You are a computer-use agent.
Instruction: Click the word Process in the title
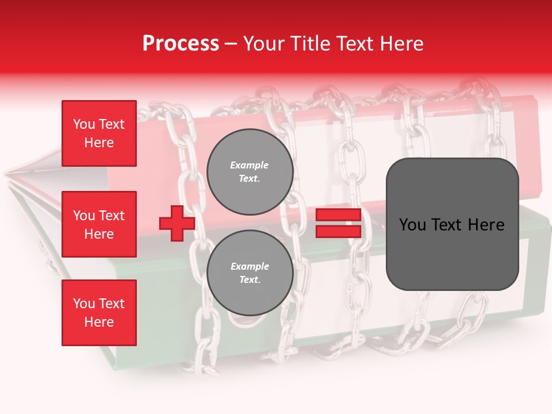(181, 44)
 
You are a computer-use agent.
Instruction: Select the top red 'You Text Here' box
(99, 133)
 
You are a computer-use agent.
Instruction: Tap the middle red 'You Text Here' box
(99, 224)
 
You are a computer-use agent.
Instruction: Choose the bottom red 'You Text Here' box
(99, 313)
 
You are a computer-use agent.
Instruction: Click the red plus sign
(177, 223)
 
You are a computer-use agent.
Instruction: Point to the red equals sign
(338, 223)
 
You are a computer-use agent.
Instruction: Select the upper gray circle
(250, 172)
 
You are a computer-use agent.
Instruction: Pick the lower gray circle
(250, 273)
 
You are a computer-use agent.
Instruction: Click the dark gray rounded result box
(452, 224)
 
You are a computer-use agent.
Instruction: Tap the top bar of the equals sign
(338, 215)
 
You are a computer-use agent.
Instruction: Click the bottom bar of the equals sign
(338, 231)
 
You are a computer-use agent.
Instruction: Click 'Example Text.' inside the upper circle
(250, 172)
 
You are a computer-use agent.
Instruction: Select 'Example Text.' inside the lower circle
(250, 273)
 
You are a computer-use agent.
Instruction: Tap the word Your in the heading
(264, 44)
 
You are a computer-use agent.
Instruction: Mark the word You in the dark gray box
(413, 225)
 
